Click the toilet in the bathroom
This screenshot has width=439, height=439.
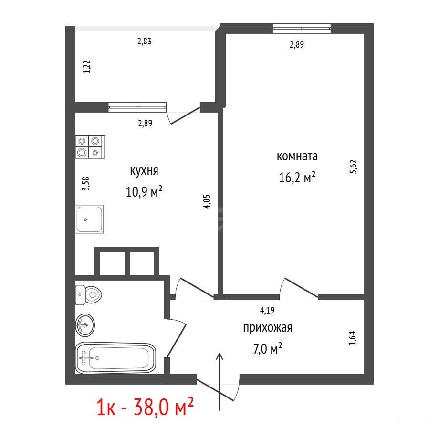[88, 295]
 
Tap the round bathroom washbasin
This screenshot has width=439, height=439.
[85, 325]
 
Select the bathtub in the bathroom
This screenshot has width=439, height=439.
[115, 358]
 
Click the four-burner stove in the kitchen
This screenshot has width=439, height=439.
[90, 146]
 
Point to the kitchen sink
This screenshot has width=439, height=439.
[89, 219]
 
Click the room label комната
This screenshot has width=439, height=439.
[297, 156]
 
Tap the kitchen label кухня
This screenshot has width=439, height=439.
[144, 171]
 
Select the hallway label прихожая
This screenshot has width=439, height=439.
[268, 328]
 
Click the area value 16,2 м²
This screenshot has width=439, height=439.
[297, 177]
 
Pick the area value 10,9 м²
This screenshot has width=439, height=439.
[144, 192]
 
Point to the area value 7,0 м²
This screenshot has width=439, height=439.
[268, 348]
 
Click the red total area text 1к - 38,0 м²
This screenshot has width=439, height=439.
[145, 407]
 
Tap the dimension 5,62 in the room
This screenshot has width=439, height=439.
[354, 167]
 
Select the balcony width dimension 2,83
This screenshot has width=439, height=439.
[145, 42]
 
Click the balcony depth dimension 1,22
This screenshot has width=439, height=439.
[87, 67]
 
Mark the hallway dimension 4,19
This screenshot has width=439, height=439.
[267, 310]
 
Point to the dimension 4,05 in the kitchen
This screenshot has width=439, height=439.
[207, 201]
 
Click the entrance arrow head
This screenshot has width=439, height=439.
[220, 356]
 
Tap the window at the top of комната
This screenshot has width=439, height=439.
[302, 29]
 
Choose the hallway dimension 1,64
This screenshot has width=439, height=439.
[353, 338]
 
